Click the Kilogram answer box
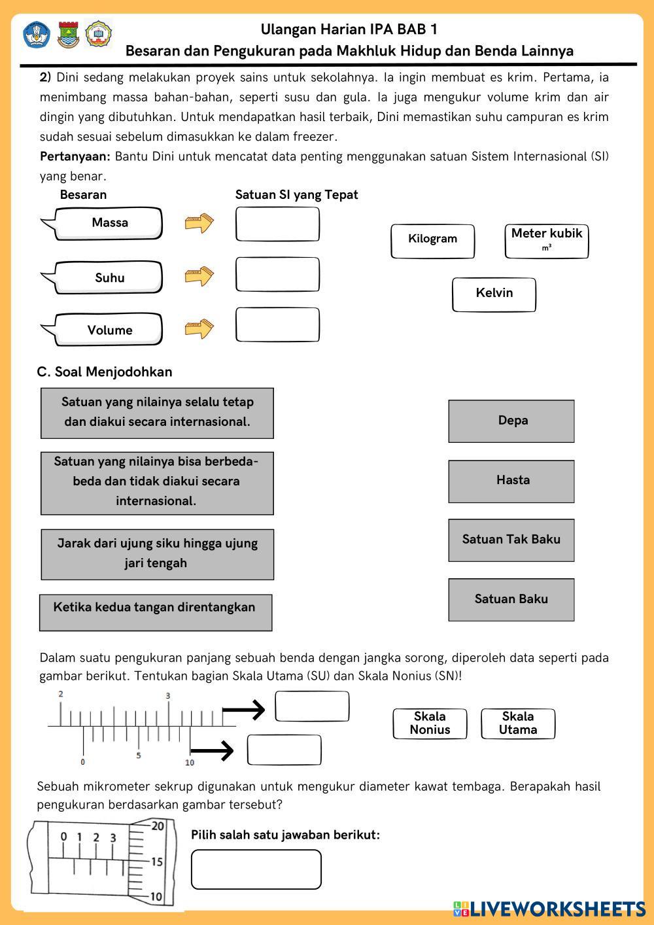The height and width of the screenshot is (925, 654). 432,241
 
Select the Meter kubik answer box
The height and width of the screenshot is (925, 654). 546,241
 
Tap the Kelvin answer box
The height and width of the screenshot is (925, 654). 494,294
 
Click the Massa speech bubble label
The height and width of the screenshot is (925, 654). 109,223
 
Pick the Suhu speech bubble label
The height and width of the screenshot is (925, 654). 109,277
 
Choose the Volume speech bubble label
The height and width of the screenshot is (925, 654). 109,330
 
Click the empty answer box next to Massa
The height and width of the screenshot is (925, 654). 277,224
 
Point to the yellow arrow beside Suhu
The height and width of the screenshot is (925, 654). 199,276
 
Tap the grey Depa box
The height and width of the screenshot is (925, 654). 511,421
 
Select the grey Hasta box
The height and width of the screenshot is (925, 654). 511,481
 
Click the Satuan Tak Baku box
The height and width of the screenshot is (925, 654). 511,540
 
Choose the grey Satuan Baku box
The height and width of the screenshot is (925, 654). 511,599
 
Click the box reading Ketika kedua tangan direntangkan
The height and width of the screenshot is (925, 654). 156,612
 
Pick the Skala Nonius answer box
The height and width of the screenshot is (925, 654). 430,724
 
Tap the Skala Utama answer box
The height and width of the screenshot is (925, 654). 518,724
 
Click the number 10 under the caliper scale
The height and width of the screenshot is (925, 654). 190,763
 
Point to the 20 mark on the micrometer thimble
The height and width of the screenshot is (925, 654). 158,826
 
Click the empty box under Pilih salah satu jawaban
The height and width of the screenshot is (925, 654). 256,869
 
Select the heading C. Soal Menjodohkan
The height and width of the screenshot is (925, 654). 105,372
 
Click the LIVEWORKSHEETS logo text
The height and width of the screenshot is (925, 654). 557,909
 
